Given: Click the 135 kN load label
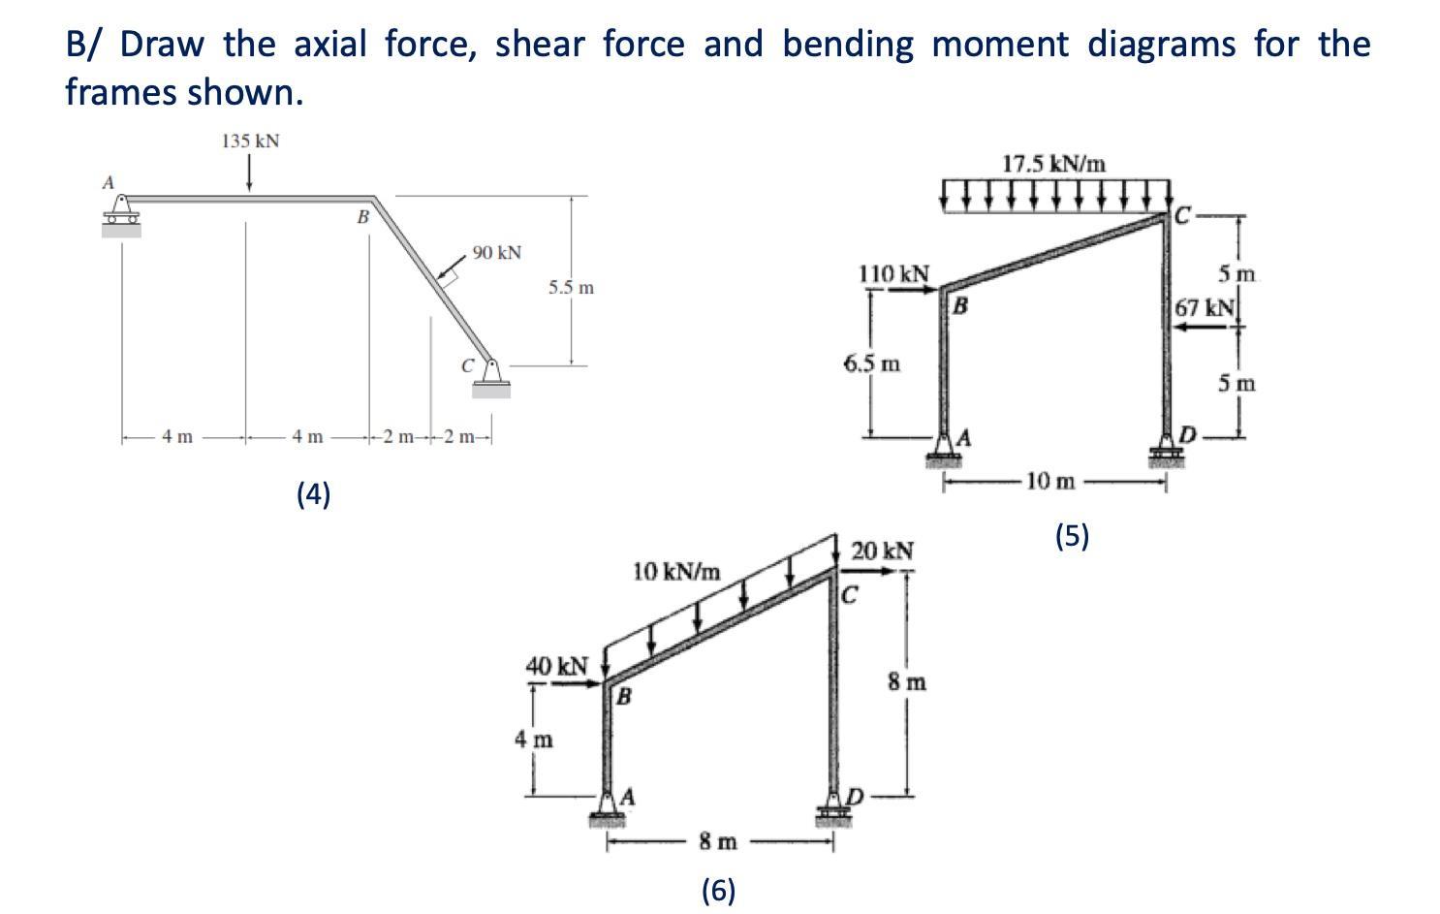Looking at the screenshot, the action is [250, 142].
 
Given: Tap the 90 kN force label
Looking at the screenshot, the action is [497, 253].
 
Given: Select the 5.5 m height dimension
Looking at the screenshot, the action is [571, 288].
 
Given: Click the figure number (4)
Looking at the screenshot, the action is [313, 494].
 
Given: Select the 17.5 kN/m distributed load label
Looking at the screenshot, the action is [1053, 164].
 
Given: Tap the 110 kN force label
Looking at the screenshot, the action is [893, 274].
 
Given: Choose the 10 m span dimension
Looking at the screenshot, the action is [1050, 481].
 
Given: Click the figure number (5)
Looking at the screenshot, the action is [1072, 535].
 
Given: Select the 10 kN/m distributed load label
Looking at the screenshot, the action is [676, 571].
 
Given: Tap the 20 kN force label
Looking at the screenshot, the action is [882, 552].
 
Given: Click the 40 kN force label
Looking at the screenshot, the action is [556, 666].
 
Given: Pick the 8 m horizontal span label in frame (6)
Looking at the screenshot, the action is [718, 842].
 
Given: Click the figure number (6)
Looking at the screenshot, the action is [718, 889].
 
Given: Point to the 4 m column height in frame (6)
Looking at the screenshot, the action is [533, 740].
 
